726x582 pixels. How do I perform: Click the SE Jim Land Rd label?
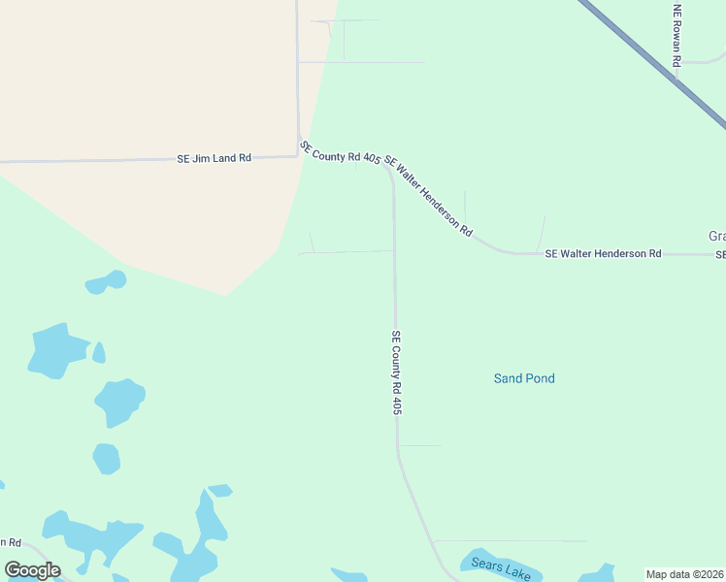click(x=214, y=157)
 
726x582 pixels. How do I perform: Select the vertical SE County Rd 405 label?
click(x=397, y=373)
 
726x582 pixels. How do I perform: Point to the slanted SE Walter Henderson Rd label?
click(x=428, y=196)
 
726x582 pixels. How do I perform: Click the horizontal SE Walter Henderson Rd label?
click(x=603, y=253)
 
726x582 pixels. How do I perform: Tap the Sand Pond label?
click(x=524, y=378)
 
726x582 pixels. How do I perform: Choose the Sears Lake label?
click(x=501, y=566)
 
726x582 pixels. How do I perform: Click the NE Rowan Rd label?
click(x=677, y=35)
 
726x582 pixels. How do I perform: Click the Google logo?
click(x=32, y=569)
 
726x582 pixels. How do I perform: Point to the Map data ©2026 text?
click(x=685, y=574)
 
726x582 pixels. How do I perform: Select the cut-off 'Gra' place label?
click(x=717, y=237)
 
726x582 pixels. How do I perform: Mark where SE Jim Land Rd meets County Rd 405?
click(x=298, y=155)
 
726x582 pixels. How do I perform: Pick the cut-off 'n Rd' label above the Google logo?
click(x=11, y=542)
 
